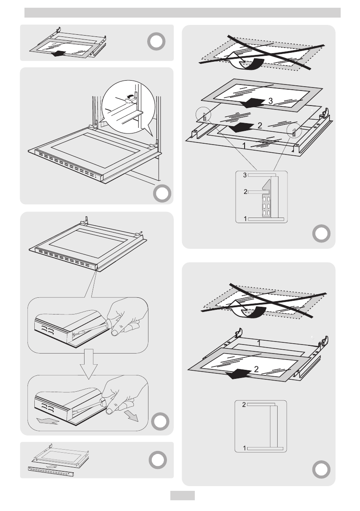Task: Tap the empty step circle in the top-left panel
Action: click(x=156, y=41)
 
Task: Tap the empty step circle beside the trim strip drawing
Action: click(x=156, y=460)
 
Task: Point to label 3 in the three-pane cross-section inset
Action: click(x=245, y=175)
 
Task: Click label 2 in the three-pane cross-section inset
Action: click(x=245, y=192)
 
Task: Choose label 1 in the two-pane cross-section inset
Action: click(x=245, y=448)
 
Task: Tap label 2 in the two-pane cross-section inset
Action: click(x=245, y=405)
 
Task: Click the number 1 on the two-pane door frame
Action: click(x=259, y=343)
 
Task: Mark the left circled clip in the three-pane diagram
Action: click(x=204, y=116)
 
